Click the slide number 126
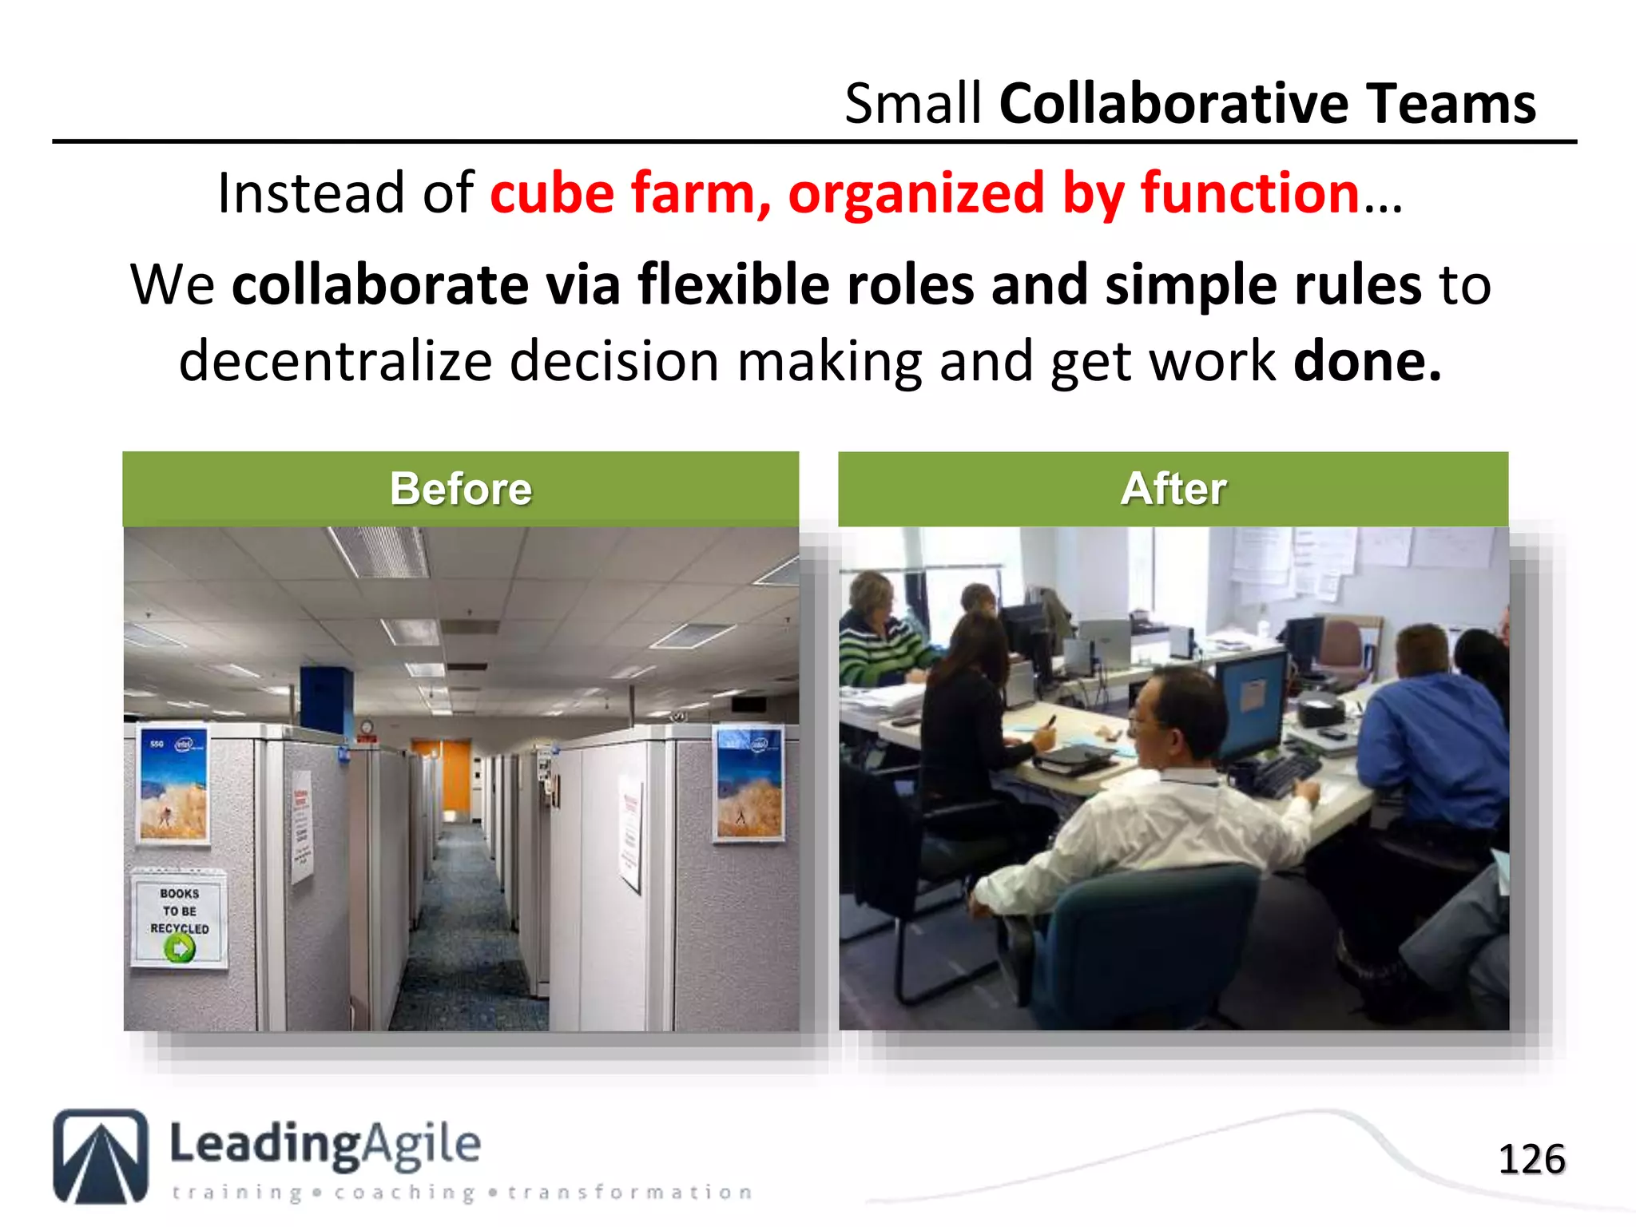pyautogui.click(x=1531, y=1159)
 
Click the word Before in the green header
pyautogui.click(x=461, y=489)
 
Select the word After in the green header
pyautogui.click(x=1173, y=489)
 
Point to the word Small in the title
pyautogui.click(x=912, y=104)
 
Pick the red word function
pyautogui.click(x=1249, y=193)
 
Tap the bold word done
pyautogui.click(x=1367, y=362)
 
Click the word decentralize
pyautogui.click(x=335, y=362)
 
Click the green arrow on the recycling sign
pyautogui.click(x=180, y=949)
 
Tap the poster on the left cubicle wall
pyautogui.click(x=173, y=783)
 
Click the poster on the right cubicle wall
pyautogui.click(x=749, y=783)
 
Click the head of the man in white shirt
pyautogui.click(x=1174, y=717)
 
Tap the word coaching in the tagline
pyautogui.click(x=403, y=1193)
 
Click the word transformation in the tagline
pyautogui.click(x=629, y=1193)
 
